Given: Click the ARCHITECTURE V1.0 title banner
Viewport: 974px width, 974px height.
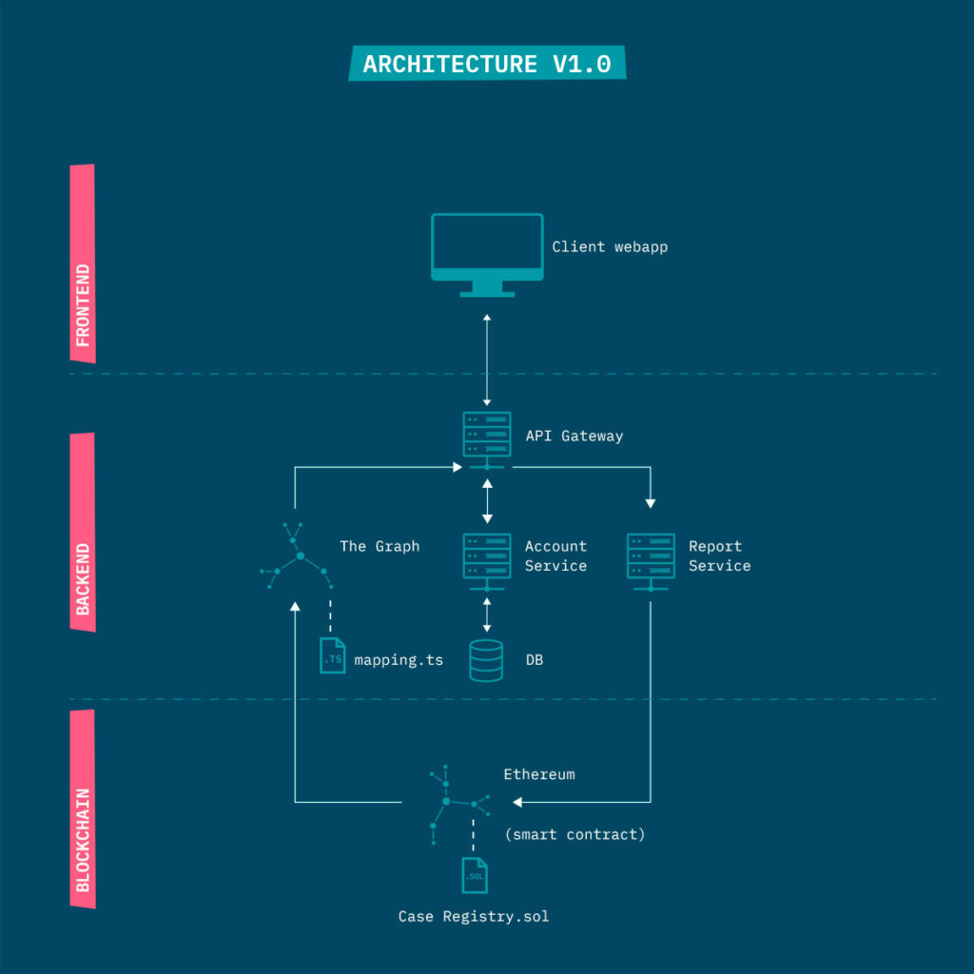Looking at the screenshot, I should (x=487, y=64).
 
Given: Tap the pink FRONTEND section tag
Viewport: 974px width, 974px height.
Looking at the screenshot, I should (x=83, y=263).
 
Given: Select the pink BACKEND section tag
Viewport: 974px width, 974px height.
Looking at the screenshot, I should (x=83, y=533).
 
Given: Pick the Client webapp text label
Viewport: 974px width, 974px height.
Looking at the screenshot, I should (x=610, y=247).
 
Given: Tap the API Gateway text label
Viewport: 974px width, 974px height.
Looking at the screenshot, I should (x=574, y=437).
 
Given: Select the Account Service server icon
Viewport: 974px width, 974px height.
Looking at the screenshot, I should (x=487, y=557).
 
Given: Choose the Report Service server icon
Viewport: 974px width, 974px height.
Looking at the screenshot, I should (x=651, y=557).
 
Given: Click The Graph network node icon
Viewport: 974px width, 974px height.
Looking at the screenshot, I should (x=297, y=555).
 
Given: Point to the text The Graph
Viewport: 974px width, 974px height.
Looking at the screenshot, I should (x=380, y=547).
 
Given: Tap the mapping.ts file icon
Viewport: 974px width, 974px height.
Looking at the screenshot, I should (x=333, y=656).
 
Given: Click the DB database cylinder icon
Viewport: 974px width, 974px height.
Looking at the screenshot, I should (x=486, y=660).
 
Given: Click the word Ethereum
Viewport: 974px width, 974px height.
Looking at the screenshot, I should (x=539, y=774).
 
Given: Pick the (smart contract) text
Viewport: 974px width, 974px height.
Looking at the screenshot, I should (x=575, y=834).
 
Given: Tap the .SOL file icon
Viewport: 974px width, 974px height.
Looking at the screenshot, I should (x=475, y=875).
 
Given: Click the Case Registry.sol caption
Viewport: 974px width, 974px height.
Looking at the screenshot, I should (x=474, y=917).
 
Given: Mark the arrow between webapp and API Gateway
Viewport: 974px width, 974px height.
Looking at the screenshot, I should (x=487, y=360).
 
